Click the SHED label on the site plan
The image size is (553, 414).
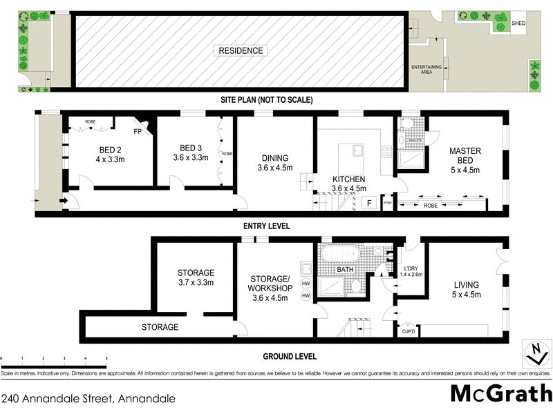(518, 23)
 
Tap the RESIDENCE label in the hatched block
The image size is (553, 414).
(241, 50)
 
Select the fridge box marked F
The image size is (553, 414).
(370, 203)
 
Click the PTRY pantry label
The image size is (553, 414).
(387, 203)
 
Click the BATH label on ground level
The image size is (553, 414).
(355, 269)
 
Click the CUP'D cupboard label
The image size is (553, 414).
(409, 331)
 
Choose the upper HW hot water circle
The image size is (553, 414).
(306, 284)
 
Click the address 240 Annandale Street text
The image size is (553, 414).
(88, 398)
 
